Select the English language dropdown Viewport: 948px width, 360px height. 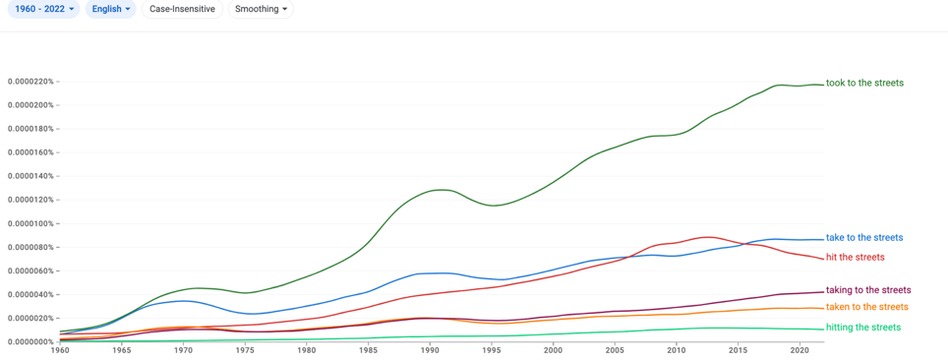pos(112,9)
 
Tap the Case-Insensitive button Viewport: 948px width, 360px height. pos(182,9)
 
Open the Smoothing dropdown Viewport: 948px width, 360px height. pos(261,9)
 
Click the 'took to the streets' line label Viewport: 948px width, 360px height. pos(865,83)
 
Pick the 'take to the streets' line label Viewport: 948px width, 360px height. pos(864,237)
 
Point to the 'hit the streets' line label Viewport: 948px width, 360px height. pos(856,257)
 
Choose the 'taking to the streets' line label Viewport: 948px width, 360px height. pos(868,290)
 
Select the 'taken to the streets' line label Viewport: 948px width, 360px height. pos(867,307)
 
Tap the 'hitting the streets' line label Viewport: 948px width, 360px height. pos(863,328)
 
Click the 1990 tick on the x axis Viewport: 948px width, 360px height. pos(430,350)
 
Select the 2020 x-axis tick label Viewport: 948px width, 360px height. pos(800,350)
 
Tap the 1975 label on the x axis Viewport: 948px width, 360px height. pos(245,350)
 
